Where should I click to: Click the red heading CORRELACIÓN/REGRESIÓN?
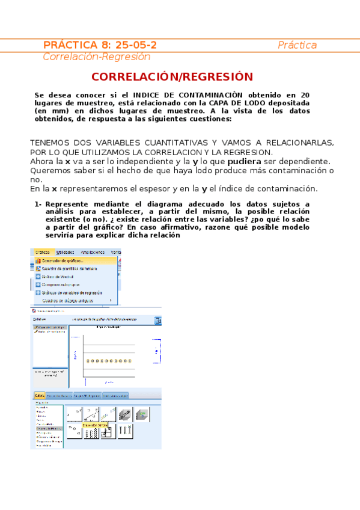click(172, 77)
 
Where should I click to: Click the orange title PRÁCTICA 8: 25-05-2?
click(100, 45)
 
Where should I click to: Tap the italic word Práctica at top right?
click(297, 46)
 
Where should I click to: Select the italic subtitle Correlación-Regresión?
click(96, 57)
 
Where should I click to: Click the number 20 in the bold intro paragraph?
click(305, 95)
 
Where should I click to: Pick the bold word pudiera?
click(245, 162)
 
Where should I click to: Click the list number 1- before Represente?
click(38, 204)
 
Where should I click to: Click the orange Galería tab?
click(40, 396)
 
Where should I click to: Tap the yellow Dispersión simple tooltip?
click(94, 425)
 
